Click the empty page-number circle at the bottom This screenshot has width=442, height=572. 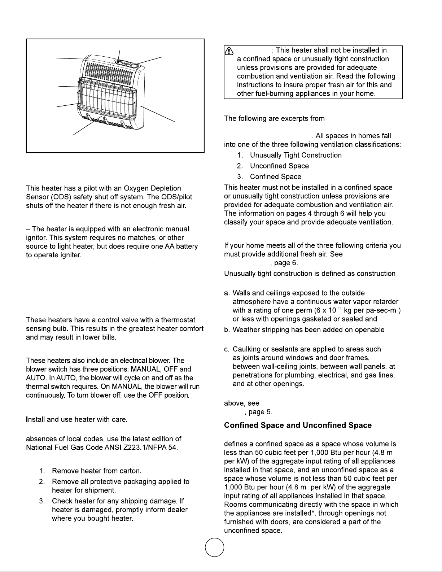(214, 548)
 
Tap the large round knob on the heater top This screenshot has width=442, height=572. (135, 65)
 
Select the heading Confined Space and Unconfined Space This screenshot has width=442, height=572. (298, 425)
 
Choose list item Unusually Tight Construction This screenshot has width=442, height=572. (296, 155)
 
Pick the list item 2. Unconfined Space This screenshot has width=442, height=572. (279, 166)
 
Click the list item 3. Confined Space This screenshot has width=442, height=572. (275, 176)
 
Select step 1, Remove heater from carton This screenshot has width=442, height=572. (97, 471)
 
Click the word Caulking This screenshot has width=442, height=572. (247, 349)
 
